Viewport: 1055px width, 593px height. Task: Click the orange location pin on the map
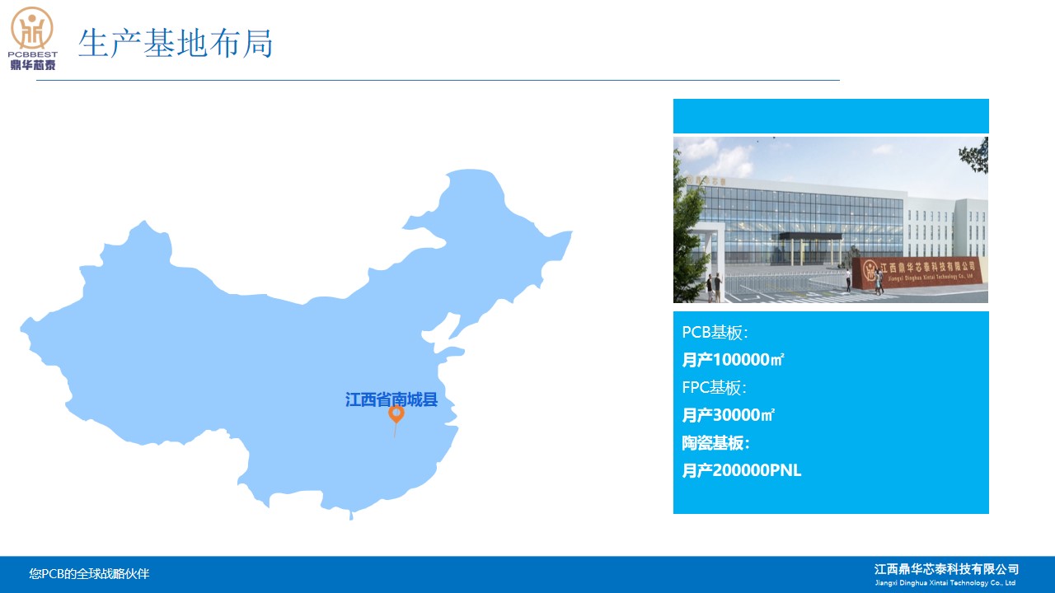click(396, 414)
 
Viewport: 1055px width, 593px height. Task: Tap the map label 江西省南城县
click(392, 399)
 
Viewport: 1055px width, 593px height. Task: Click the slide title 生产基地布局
click(176, 44)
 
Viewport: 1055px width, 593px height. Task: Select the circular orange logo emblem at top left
click(32, 28)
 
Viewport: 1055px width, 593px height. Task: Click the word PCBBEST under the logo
click(32, 54)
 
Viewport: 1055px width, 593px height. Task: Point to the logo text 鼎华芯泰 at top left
click(33, 64)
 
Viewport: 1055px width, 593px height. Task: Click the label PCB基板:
click(715, 333)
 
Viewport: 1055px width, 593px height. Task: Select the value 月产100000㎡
click(733, 360)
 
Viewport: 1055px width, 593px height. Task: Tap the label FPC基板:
click(714, 388)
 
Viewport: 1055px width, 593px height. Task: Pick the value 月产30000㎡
click(728, 415)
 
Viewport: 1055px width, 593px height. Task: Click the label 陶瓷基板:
click(715, 443)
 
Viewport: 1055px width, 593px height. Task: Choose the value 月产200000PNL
click(741, 470)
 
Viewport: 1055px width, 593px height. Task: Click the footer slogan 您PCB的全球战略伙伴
click(89, 574)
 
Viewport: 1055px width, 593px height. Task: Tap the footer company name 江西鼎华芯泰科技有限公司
click(947, 569)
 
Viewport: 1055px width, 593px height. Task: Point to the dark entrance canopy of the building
click(809, 236)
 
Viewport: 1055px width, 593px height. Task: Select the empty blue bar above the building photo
click(831, 116)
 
